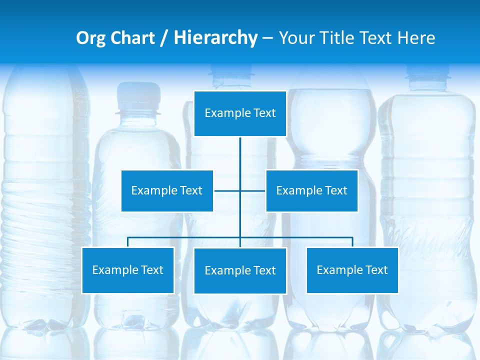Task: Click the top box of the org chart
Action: tap(240, 113)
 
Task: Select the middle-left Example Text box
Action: tap(167, 190)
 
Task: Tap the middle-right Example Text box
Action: tap(311, 190)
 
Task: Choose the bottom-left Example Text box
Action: tap(127, 270)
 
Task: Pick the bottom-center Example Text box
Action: tap(240, 270)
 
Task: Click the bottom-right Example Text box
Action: tap(352, 270)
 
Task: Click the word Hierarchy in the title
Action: tap(215, 38)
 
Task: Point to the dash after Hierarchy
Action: tap(267, 38)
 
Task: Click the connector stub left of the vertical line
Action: tap(226, 190)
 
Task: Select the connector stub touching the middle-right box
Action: tap(254, 190)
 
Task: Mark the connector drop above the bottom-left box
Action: tap(127, 242)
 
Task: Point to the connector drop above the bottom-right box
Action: tap(352, 242)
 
